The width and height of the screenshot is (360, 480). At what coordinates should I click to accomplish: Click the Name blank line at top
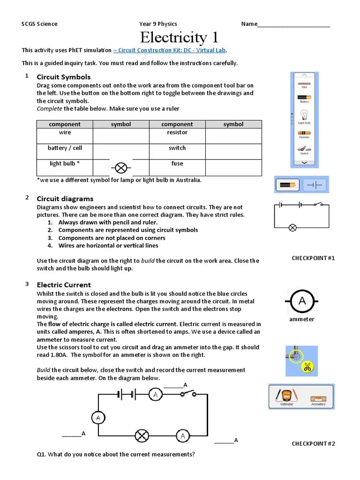pos(294,24)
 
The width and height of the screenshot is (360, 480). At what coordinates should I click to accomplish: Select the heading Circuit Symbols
pos(64,77)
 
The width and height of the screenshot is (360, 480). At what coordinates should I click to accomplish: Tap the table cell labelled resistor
pos(177,133)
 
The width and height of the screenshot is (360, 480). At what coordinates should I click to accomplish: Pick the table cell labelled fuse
pos(177,164)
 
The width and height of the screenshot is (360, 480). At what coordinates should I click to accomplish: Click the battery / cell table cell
pos(65,148)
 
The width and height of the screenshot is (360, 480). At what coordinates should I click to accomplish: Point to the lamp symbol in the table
pos(121,167)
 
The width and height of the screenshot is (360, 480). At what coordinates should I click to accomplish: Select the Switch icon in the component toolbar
pos(305,150)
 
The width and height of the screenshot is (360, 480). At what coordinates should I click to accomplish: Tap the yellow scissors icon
pos(307,367)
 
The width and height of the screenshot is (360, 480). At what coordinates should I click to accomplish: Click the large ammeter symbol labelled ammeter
pos(302,301)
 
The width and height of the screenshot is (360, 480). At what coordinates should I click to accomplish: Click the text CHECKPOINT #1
pos(313,258)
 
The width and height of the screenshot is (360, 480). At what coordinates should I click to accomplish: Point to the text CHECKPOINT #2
pos(313,444)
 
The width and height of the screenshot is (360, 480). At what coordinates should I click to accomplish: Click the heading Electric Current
pos(64,285)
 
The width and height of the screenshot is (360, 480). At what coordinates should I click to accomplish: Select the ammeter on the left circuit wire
pos(98,417)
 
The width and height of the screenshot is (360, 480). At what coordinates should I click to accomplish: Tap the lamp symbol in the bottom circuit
pos(142,436)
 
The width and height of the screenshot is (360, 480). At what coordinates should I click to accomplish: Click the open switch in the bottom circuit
pos(189,394)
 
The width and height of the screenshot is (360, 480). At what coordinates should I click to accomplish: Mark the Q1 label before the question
pos(42,455)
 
